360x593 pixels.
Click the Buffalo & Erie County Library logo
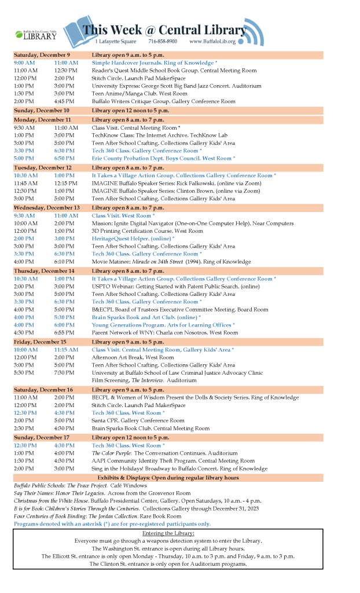coord(36,35)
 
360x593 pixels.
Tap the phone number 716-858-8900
coord(163,42)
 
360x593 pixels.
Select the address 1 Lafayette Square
coord(115,42)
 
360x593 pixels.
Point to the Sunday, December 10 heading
coord(42,110)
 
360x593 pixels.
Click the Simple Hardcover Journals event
coord(155,63)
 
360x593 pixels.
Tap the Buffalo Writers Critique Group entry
coord(163,101)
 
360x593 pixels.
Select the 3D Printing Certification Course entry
coord(147,230)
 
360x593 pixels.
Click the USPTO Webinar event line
coord(167,286)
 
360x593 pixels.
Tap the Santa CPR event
coord(138,421)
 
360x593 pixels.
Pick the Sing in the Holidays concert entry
coord(179,468)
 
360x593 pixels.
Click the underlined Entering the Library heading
coord(168,533)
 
